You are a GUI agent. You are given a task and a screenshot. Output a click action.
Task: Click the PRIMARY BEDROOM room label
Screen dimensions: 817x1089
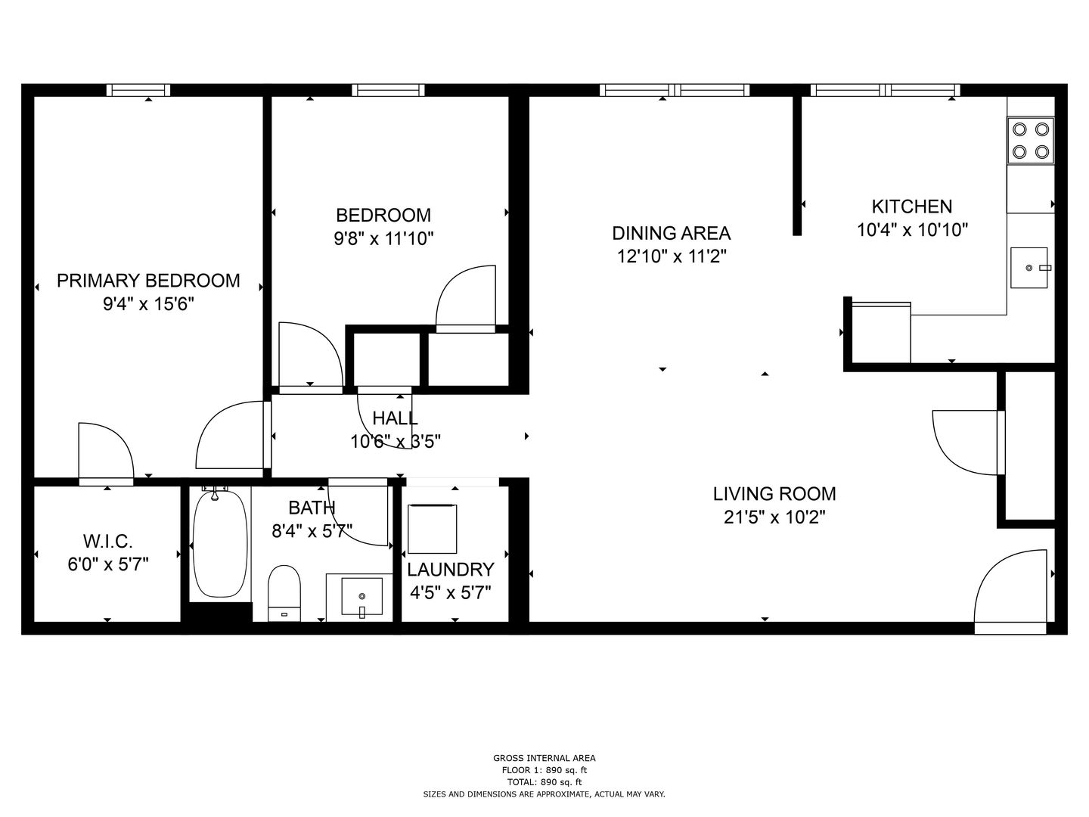click(x=148, y=281)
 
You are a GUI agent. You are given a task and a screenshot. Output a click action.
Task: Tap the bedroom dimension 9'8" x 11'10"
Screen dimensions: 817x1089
click(x=383, y=239)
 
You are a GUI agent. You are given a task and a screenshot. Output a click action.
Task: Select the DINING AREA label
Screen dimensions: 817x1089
click(x=671, y=233)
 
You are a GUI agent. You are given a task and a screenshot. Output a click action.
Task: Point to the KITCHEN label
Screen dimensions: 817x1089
click(x=911, y=207)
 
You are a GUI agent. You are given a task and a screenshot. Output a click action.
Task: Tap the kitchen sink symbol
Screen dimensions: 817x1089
click(x=1029, y=268)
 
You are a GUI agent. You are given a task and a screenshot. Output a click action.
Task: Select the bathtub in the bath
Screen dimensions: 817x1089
click(x=220, y=544)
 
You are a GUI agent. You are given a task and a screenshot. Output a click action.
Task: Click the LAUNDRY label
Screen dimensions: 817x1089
click(x=450, y=570)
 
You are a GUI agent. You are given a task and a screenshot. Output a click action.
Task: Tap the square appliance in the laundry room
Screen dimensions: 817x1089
click(x=433, y=530)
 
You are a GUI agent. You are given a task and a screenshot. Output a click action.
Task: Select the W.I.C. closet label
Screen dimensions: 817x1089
click(x=107, y=542)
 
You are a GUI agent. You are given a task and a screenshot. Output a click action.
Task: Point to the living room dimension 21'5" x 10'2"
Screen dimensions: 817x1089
click(x=774, y=517)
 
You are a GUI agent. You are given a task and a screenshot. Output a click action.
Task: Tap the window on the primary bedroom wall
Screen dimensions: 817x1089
click(x=138, y=90)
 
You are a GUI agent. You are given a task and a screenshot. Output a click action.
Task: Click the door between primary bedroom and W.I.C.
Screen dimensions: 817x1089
click(x=106, y=454)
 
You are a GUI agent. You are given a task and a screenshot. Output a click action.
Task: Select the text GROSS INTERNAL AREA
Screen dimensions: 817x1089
click(x=544, y=758)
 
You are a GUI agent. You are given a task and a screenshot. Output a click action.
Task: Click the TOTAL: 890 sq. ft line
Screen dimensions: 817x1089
click(x=544, y=782)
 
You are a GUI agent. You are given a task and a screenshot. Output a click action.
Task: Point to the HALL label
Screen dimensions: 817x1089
click(x=395, y=418)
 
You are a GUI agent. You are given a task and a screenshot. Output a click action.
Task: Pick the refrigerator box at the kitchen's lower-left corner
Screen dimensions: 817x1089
click(x=881, y=333)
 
